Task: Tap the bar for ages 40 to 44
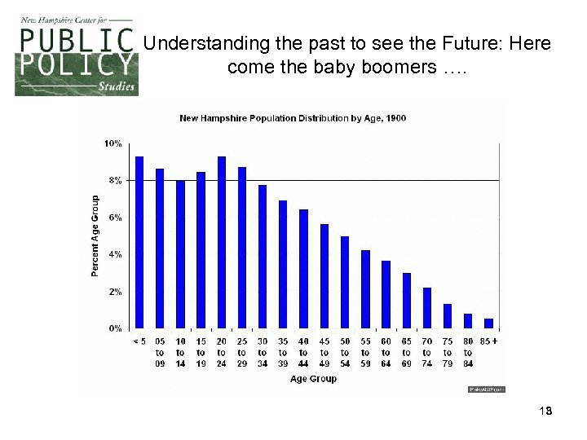pos(303,269)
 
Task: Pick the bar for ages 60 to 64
pos(386,294)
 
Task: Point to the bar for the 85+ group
pos(488,323)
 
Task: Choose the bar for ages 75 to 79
pos(448,315)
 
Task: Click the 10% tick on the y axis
pos(113,143)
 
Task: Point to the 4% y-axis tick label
pos(115,254)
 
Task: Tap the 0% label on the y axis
pos(115,328)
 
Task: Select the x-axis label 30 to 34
pos(263,353)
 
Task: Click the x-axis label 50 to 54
pos(345,353)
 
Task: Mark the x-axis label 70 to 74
pos(427,353)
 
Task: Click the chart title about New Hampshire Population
pos(293,118)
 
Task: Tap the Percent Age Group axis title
pos(95,235)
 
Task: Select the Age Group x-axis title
pos(313,379)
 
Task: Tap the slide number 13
pos(545,411)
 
